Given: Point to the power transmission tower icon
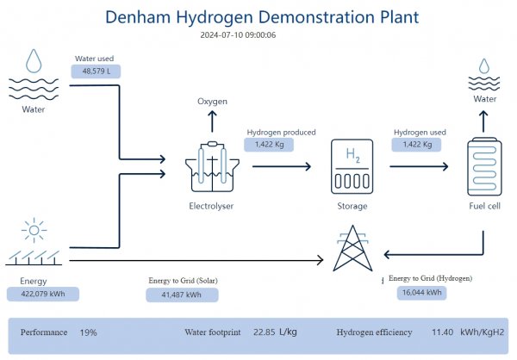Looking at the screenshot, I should click(352, 250).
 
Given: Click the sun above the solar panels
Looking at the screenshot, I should click(34, 230).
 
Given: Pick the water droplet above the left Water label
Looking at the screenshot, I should click(34, 61).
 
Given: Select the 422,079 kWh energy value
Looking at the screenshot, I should click(48, 294).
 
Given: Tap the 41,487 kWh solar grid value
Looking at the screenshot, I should click(182, 295).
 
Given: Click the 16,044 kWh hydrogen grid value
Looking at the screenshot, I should click(422, 293).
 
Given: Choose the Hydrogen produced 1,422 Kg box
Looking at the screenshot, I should click(271, 145).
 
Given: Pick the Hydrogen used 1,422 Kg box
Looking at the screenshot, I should click(418, 145).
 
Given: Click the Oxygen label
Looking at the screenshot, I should click(213, 102).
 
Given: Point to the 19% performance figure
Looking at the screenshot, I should click(88, 332).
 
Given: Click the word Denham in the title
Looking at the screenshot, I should click(139, 16).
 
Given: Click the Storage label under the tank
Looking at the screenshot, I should click(352, 207).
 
